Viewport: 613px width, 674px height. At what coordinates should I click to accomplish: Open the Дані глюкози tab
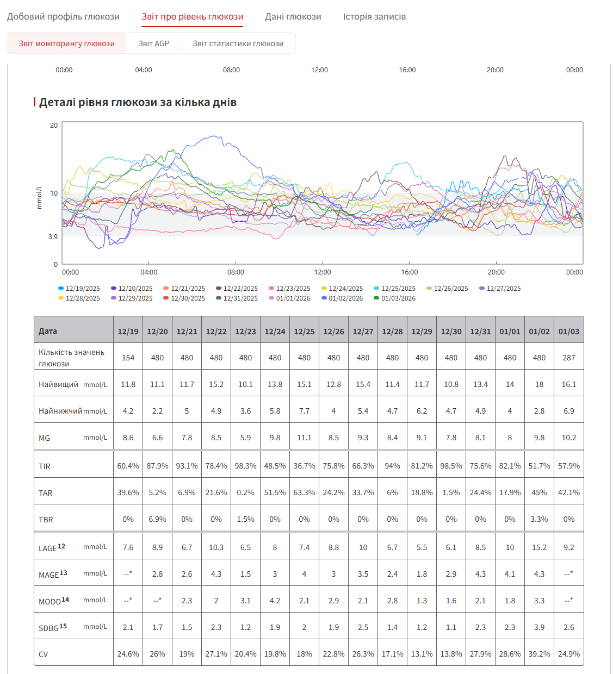tap(293, 16)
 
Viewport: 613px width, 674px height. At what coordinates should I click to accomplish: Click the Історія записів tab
tap(374, 16)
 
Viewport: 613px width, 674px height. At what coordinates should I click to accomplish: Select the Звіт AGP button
tap(153, 43)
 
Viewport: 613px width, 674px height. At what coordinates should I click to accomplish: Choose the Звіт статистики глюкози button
tap(238, 43)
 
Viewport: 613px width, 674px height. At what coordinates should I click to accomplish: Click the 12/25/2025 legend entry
tap(395, 288)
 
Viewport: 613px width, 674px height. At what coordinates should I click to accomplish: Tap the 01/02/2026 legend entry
tap(342, 298)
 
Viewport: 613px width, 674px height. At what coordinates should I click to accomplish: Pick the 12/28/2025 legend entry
tap(79, 298)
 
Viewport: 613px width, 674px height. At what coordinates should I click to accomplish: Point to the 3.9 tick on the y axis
tap(53, 236)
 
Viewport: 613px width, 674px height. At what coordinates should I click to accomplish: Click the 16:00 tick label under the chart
tap(409, 272)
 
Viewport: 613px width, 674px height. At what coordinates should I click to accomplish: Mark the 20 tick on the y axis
tap(54, 126)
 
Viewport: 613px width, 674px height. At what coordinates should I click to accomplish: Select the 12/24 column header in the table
tap(275, 331)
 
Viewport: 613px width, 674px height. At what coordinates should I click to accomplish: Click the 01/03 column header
tap(568, 331)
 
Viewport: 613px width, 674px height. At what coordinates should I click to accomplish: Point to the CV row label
tap(44, 654)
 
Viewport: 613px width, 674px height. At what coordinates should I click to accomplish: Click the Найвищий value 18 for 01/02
tap(539, 384)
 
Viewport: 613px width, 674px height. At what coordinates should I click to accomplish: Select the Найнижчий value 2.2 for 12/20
tap(157, 410)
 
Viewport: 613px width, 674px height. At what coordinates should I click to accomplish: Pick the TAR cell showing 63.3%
tap(304, 492)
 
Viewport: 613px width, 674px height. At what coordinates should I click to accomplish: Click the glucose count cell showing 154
tap(128, 358)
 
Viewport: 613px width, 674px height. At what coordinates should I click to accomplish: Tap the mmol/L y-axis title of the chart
tap(39, 197)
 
